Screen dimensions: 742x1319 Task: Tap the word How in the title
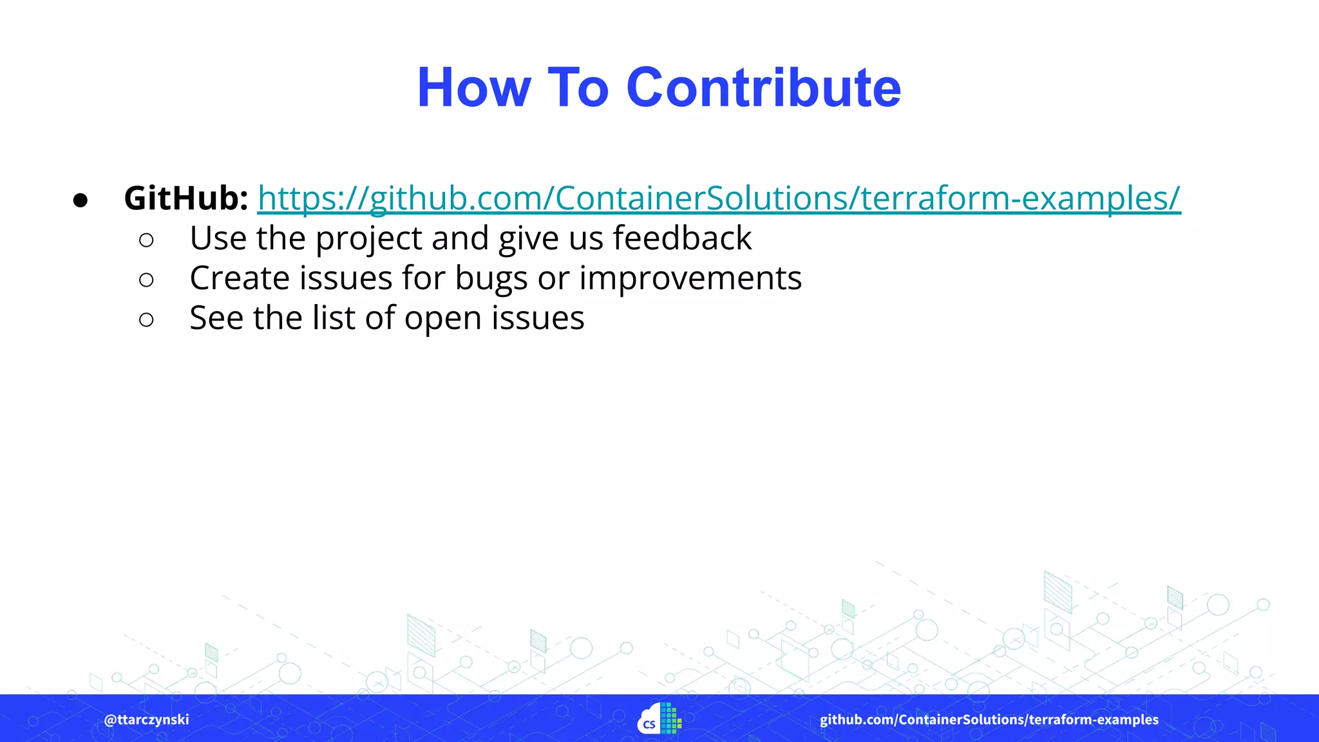pos(474,88)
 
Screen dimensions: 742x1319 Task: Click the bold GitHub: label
pos(186,198)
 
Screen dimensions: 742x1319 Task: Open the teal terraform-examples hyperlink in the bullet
pos(719,198)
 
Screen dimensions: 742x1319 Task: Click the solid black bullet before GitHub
pos(81,200)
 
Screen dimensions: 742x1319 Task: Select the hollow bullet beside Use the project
pos(146,240)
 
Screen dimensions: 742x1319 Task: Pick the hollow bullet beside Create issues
pos(146,280)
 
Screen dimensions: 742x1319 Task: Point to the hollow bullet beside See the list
pos(146,319)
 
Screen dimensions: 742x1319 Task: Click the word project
pos(369,239)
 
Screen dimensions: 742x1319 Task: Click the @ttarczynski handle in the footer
pos(147,719)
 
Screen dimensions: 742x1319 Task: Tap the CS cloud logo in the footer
pos(659,719)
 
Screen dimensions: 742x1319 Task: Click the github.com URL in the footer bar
pos(989,719)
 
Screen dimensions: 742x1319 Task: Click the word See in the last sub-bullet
pos(216,318)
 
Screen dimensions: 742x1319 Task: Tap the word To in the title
pos(578,88)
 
